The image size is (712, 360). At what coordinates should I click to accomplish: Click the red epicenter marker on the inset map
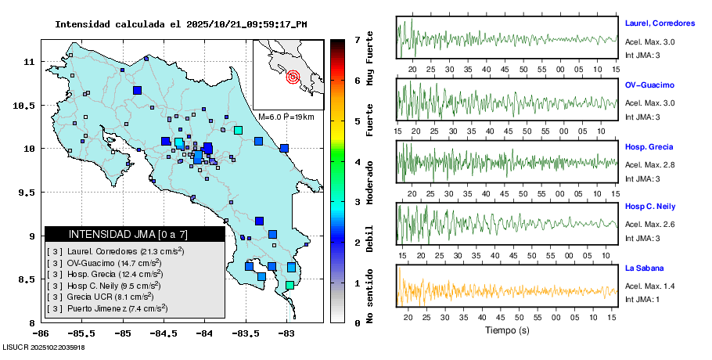tap(293, 77)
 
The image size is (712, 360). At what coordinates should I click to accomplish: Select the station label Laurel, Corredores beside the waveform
tap(660, 23)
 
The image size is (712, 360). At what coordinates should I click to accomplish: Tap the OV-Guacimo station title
tap(649, 85)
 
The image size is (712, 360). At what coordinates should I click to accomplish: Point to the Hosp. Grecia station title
tap(649, 147)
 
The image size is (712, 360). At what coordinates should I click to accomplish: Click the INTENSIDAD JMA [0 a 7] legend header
tap(134, 234)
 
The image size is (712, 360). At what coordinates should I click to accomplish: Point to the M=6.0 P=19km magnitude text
tap(286, 117)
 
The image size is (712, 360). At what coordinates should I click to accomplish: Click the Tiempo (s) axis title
tap(506, 330)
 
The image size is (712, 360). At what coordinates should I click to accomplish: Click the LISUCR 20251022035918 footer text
tap(44, 347)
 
